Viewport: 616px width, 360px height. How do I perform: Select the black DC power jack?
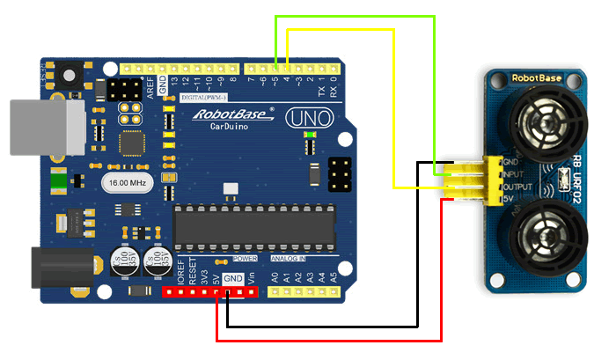[61, 268]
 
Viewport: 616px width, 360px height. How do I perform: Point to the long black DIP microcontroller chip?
[254, 226]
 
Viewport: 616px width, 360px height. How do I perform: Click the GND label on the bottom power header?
[232, 278]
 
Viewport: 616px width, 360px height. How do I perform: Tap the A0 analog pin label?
[275, 277]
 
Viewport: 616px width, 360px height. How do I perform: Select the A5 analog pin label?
[333, 277]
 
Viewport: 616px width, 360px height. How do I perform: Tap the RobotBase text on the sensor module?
[536, 77]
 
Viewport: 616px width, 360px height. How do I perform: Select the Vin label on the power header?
[253, 278]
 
